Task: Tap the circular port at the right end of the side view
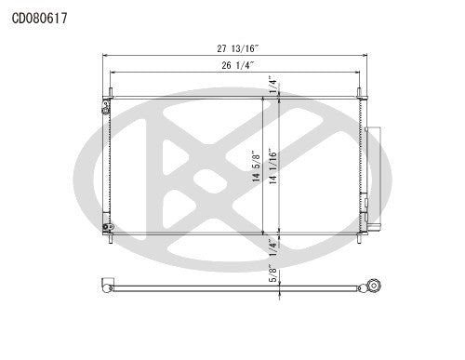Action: pyautogui.click(x=373, y=287)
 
